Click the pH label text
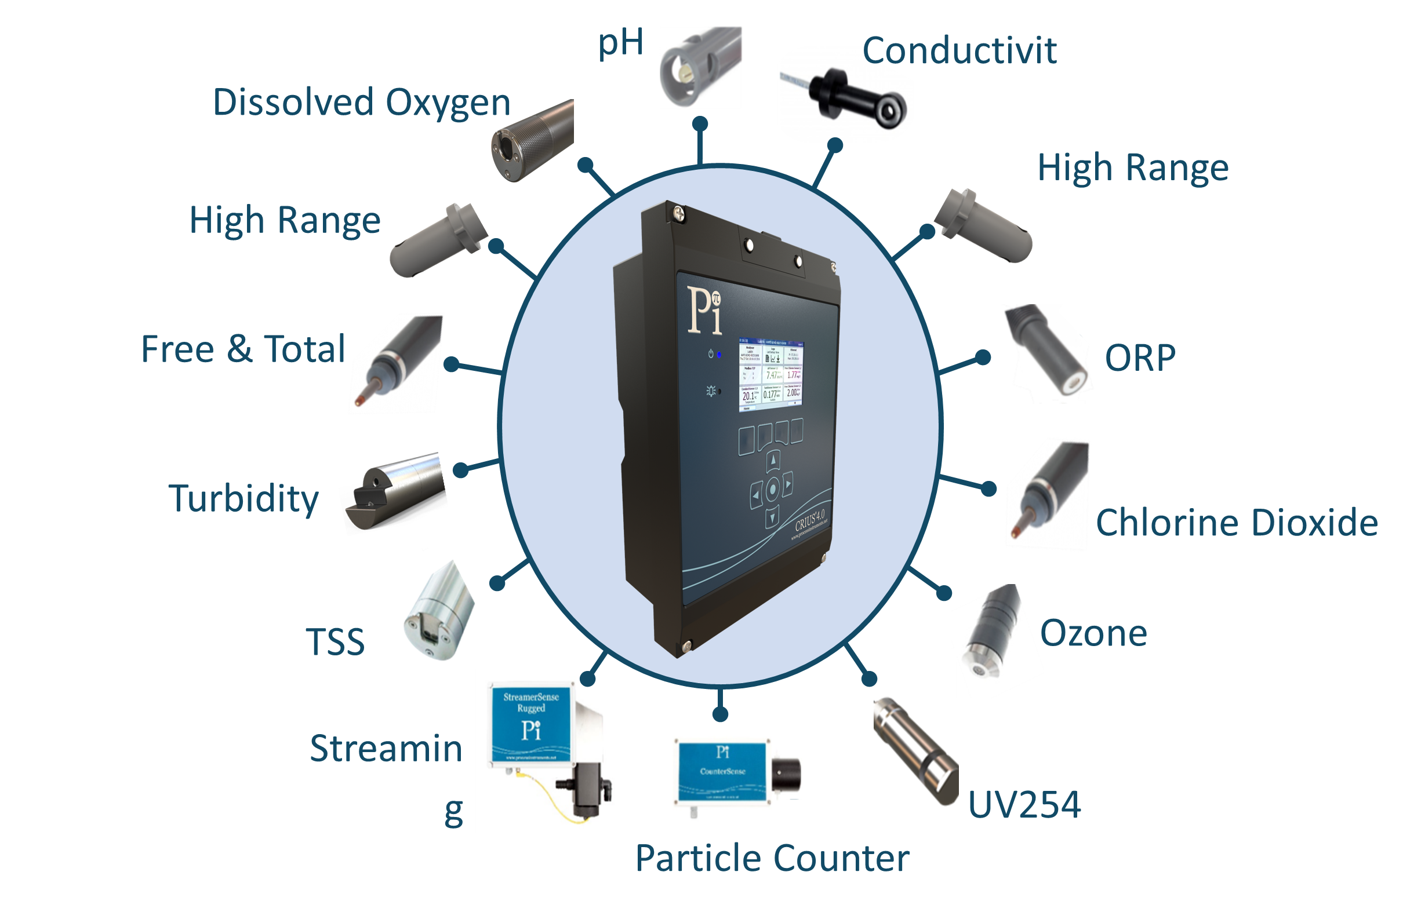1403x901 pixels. point(620,43)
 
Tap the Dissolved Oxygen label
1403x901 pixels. point(361,103)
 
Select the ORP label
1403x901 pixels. point(1139,358)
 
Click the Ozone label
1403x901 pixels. point(1093,633)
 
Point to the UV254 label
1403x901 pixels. point(1024,804)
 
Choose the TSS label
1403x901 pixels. point(335,642)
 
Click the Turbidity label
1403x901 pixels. point(243,499)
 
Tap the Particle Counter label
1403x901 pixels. point(772,858)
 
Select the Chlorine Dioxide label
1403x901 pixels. point(1236,523)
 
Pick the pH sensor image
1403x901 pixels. point(699,65)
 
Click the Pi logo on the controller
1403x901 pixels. point(704,310)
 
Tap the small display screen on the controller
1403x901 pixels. point(770,374)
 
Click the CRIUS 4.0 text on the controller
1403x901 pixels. point(810,520)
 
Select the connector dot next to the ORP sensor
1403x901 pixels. point(983,357)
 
